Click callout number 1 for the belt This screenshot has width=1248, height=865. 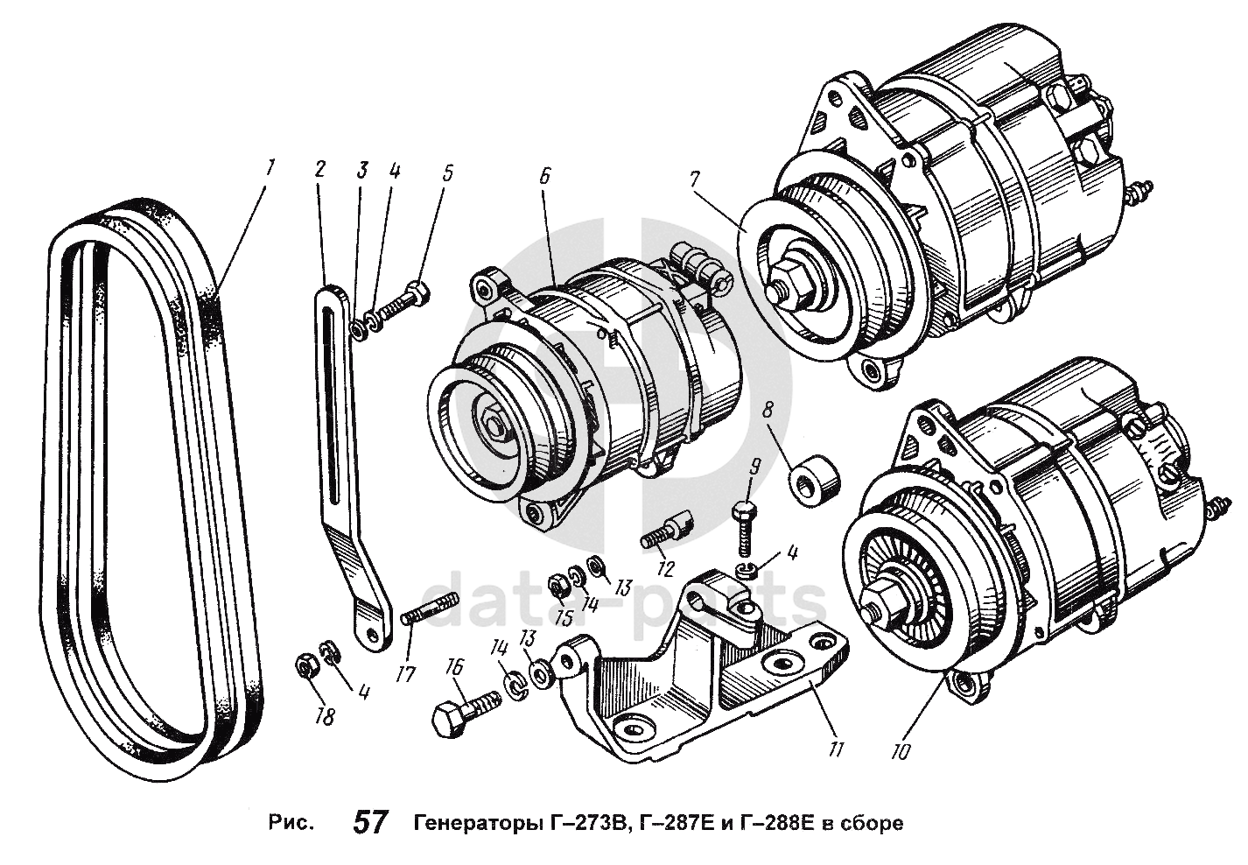pos(270,165)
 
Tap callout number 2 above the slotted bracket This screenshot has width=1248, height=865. pos(320,169)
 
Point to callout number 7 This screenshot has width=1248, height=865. pos(695,179)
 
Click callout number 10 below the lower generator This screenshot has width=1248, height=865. pos(902,750)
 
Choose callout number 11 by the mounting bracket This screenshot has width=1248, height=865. pos(837,749)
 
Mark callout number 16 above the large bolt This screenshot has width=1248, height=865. pos(453,667)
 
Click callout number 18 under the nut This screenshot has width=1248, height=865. pos(325,717)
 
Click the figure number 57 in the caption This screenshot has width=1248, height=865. pos(370,823)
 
